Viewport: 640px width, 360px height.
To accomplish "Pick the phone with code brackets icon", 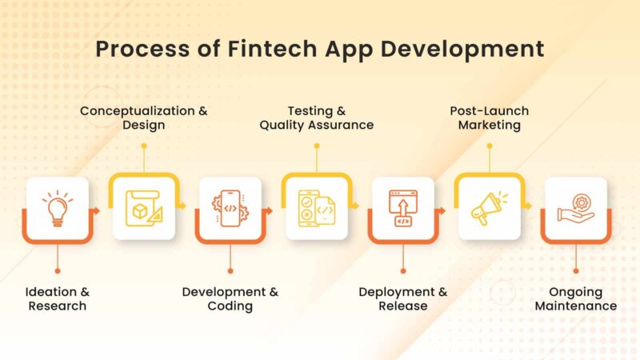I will pyautogui.click(x=230, y=208).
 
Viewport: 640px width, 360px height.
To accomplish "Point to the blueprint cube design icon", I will pyautogui.click(x=143, y=209).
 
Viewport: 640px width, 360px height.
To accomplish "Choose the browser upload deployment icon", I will pyautogui.click(x=402, y=208).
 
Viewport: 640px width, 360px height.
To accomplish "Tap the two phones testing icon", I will pyautogui.click(x=316, y=209).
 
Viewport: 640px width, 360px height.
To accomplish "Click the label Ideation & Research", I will pyautogui.click(x=58, y=298).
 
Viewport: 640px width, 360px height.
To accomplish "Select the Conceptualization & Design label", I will pyautogui.click(x=144, y=118).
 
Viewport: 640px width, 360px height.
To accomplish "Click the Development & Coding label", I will pyautogui.click(x=230, y=298).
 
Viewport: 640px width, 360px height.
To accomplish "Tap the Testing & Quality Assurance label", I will pyautogui.click(x=317, y=118).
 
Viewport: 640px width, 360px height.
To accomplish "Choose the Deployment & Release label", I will pyautogui.click(x=403, y=298).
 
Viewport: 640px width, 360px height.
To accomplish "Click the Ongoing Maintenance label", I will pyautogui.click(x=576, y=298).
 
